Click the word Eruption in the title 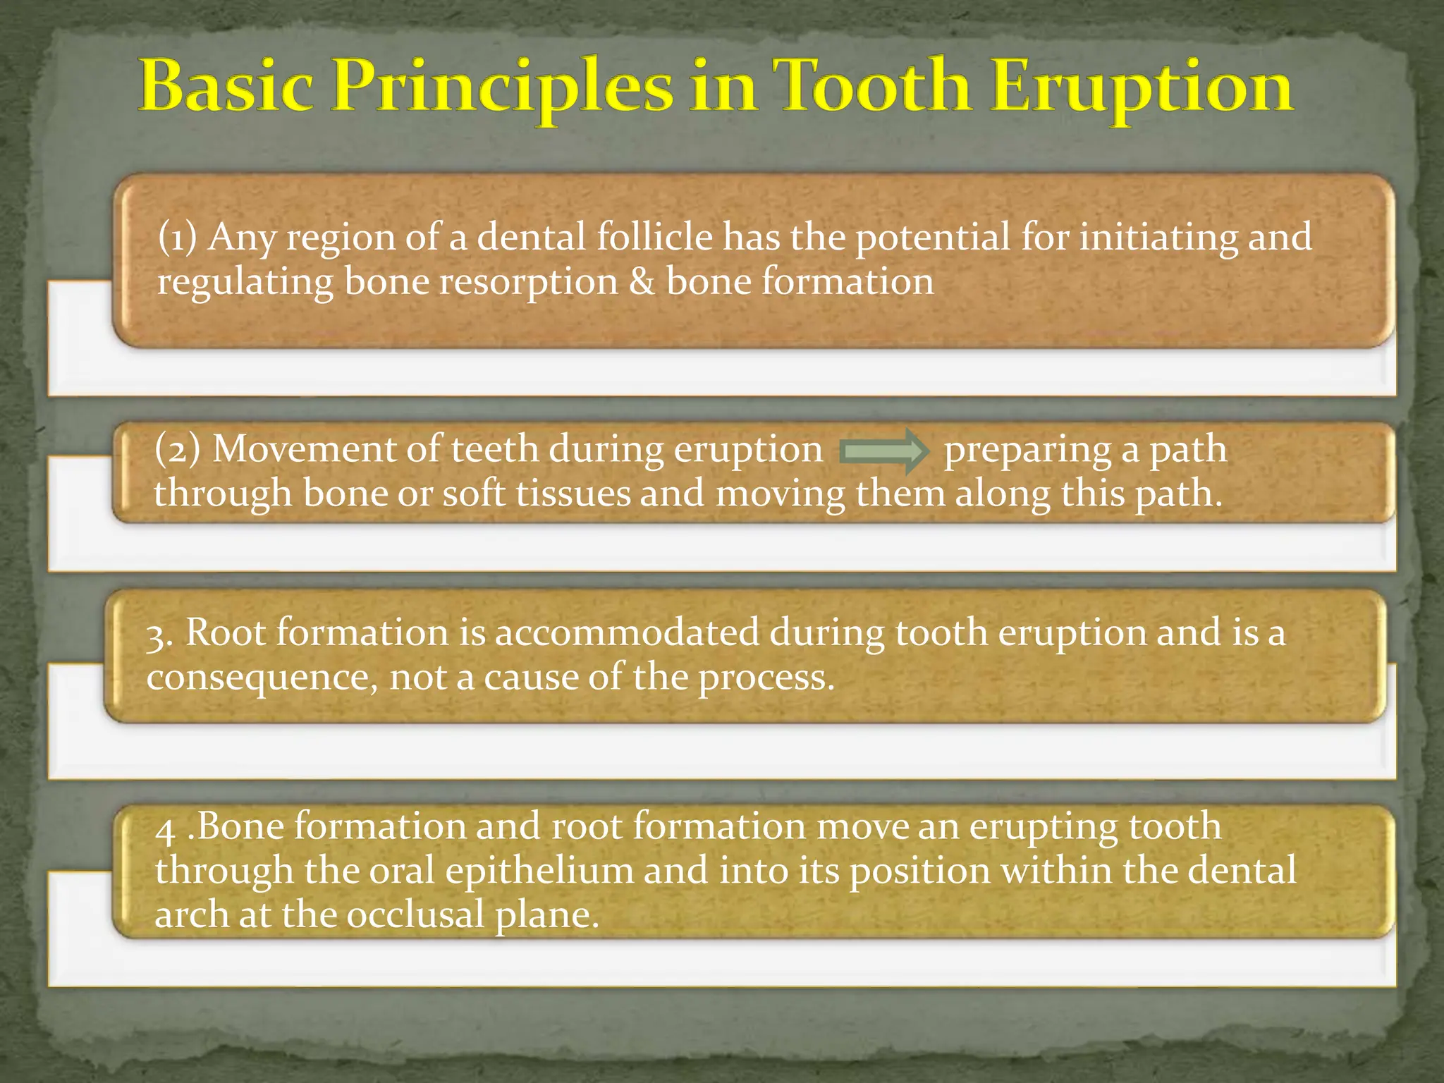coord(1142,88)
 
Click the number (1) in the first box coord(177,238)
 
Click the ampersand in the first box coord(641,282)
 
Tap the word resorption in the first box coord(528,282)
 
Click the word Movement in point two coord(304,449)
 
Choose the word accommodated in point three coord(627,632)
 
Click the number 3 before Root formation coord(159,635)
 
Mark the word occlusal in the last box coord(415,915)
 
